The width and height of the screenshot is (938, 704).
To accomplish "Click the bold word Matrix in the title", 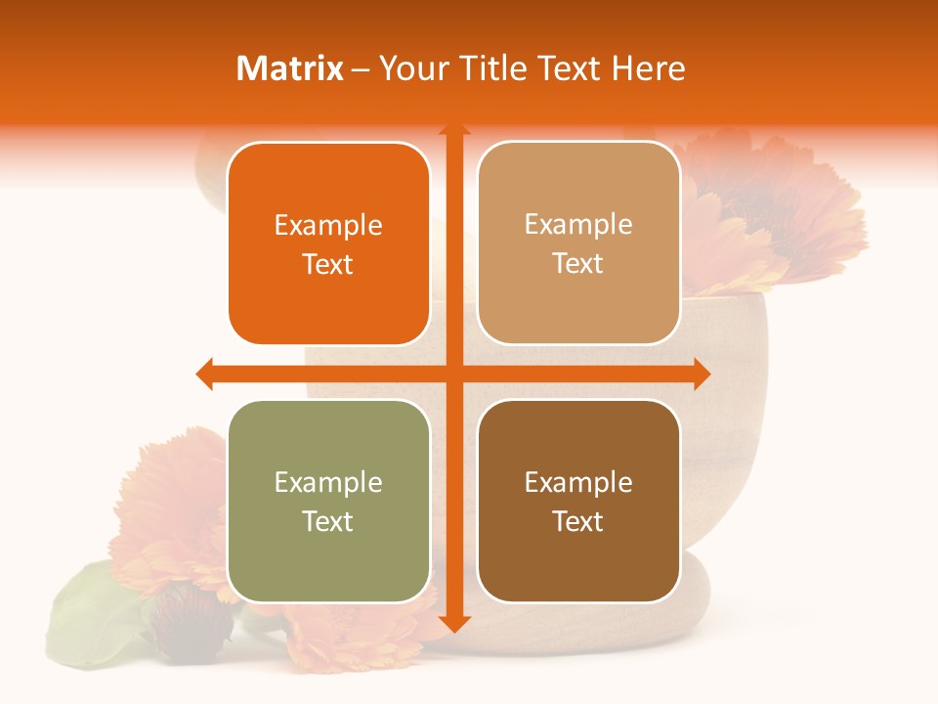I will click(x=290, y=68).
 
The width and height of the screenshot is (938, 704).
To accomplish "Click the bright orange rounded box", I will click(x=328, y=243).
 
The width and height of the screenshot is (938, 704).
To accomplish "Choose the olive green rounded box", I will click(x=328, y=501).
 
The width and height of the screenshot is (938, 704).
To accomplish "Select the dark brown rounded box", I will click(x=578, y=501).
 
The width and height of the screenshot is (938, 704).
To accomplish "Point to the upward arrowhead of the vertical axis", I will click(x=453, y=130).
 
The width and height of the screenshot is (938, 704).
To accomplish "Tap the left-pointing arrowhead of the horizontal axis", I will click(x=205, y=374).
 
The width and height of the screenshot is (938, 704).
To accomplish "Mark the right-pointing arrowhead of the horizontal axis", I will click(x=701, y=374).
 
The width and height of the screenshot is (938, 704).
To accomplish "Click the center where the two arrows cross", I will click(x=453, y=374).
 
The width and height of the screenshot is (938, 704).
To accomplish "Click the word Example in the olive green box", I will click(x=328, y=482).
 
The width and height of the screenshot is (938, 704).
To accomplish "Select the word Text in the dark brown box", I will click(x=578, y=521).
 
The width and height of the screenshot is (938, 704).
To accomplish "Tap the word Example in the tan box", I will click(x=578, y=224).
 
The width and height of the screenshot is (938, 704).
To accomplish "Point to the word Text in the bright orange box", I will click(x=328, y=264).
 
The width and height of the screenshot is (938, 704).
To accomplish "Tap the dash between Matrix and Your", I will click(x=361, y=69).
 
